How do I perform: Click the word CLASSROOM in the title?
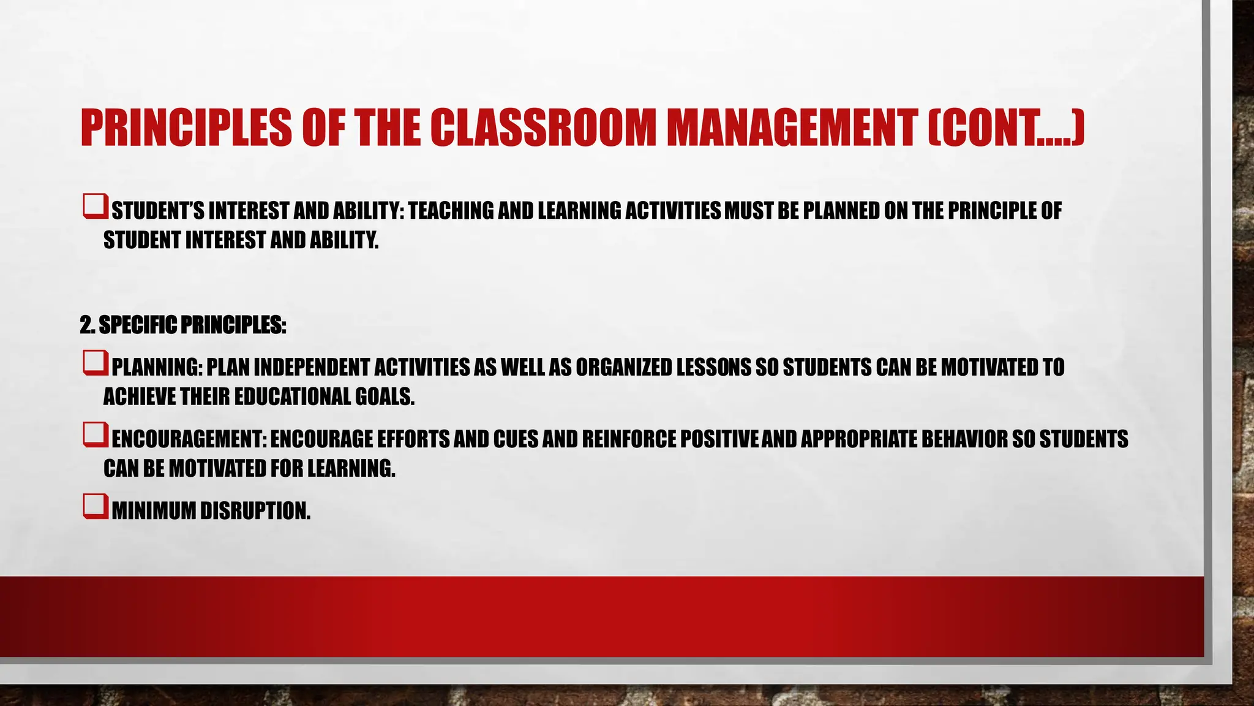click(543, 127)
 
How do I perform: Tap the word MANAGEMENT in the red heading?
click(792, 127)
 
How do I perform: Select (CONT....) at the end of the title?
click(1005, 127)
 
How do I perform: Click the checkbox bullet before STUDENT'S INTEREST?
click(96, 207)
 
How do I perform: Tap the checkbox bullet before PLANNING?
click(96, 363)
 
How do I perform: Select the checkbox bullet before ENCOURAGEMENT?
click(96, 435)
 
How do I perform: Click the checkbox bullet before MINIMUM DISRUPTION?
click(96, 507)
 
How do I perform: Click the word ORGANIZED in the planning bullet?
click(623, 368)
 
